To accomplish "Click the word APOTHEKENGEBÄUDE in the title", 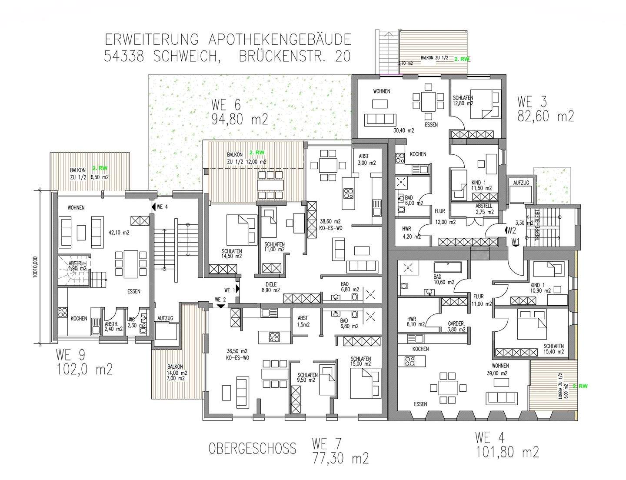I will [x=279, y=40].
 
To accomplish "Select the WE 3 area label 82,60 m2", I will [x=546, y=116].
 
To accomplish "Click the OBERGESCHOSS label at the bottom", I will [x=252, y=448].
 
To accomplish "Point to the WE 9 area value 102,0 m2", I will [x=84, y=369].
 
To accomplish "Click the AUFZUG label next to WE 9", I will [x=165, y=318].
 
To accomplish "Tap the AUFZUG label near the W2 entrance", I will [x=521, y=183].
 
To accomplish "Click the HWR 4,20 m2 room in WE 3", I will [x=407, y=233].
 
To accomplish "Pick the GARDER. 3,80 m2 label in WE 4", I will [x=456, y=326].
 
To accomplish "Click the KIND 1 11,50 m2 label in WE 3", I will [x=481, y=186].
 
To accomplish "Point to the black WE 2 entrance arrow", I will [x=220, y=306].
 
